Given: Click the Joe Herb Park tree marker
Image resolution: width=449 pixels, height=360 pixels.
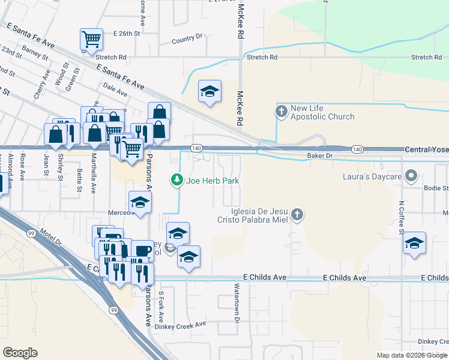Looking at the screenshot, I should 176,180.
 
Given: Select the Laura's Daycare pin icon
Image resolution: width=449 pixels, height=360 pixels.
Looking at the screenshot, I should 411,176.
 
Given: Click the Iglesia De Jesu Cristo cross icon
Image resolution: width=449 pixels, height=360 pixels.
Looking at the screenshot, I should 297,214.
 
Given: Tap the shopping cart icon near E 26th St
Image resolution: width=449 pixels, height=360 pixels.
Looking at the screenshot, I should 91,40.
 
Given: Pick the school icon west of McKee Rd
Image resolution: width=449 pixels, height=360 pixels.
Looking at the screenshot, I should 209,91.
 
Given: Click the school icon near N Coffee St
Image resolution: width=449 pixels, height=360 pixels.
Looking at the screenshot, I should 414,243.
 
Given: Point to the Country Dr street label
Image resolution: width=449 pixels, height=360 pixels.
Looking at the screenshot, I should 187,38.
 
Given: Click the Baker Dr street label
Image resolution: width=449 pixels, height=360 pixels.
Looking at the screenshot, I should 320,155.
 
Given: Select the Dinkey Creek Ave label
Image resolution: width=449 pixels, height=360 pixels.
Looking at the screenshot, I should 180,323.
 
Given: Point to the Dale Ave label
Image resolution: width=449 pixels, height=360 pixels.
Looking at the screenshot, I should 115,90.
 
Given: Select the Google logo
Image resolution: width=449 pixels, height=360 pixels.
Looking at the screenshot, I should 20,353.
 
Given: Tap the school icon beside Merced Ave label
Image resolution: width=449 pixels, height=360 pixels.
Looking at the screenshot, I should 140,202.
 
